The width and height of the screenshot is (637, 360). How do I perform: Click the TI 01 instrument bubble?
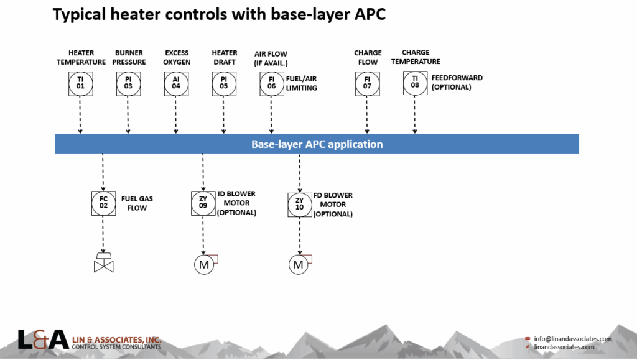(x=80, y=84)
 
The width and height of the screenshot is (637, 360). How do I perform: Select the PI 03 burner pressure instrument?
(x=128, y=84)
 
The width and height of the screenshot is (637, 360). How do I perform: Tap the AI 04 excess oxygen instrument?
(x=176, y=84)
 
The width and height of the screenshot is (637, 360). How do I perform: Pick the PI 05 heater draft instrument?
(x=224, y=84)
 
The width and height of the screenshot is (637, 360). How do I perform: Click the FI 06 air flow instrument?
(x=272, y=84)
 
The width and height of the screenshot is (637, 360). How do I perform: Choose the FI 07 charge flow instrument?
(x=367, y=84)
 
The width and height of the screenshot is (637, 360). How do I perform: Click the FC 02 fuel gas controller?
(x=103, y=203)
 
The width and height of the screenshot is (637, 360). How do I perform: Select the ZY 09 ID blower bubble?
(x=203, y=203)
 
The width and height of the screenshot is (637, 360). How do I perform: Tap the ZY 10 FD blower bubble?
(x=299, y=205)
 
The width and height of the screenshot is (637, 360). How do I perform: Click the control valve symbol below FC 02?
(x=103, y=264)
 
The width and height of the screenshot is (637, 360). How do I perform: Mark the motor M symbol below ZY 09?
(x=203, y=265)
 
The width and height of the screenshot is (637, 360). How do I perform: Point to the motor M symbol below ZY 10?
(x=299, y=265)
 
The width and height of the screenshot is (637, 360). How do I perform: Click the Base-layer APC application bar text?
(x=317, y=144)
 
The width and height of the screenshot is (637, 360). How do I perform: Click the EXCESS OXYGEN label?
(x=177, y=58)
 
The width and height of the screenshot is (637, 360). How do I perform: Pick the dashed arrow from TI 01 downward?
(x=80, y=115)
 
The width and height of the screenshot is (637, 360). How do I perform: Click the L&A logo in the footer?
(x=43, y=339)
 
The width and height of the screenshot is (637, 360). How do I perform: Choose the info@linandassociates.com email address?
(x=572, y=339)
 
